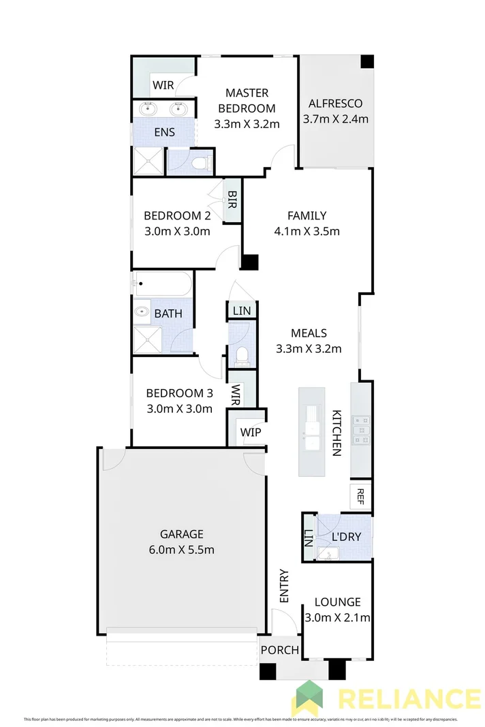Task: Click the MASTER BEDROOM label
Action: point(247,100)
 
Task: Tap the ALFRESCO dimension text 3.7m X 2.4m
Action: point(335,119)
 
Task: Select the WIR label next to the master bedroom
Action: point(163,86)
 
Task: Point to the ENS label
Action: point(164,132)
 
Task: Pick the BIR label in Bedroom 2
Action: point(232,199)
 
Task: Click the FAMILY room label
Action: point(308,215)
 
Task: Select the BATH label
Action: point(168,314)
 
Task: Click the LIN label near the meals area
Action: point(242,311)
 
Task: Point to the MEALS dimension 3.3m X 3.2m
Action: point(308,349)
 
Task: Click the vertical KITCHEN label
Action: point(336,433)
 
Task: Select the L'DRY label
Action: point(345,537)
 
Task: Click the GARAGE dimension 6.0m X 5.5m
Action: point(182,550)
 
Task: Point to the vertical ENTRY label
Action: point(284,586)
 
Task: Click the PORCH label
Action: point(280,650)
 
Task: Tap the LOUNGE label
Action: point(337,602)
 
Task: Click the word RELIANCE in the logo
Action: point(409,700)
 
